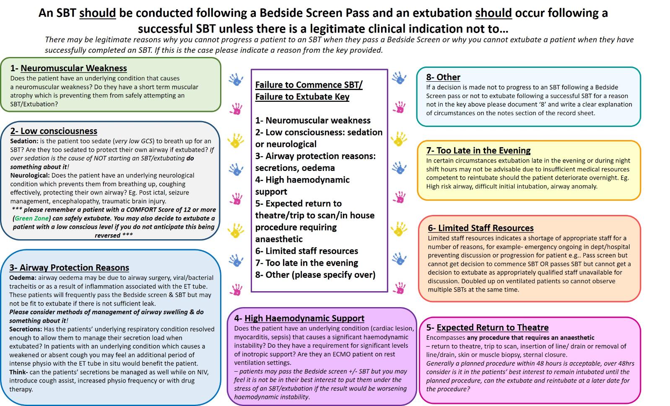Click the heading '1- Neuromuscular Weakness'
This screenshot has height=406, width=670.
68,68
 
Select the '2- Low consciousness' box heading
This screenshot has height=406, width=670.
54,131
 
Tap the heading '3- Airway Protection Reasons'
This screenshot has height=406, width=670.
69,268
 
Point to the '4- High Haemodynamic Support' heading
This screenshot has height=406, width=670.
299,318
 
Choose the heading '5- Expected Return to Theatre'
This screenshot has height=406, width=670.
487,328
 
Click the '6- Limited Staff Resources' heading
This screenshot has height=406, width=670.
480,228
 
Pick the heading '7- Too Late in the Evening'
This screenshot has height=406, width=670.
478,150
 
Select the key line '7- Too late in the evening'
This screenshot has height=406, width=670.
306,263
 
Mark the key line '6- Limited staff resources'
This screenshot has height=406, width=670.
306,251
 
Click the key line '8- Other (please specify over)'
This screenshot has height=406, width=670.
315,275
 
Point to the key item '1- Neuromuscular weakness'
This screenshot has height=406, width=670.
313,121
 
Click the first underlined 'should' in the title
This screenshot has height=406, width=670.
97,13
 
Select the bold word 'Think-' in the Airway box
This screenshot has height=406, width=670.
19,372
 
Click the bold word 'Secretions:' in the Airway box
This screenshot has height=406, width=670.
26,329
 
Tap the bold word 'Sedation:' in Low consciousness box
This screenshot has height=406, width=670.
24,141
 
